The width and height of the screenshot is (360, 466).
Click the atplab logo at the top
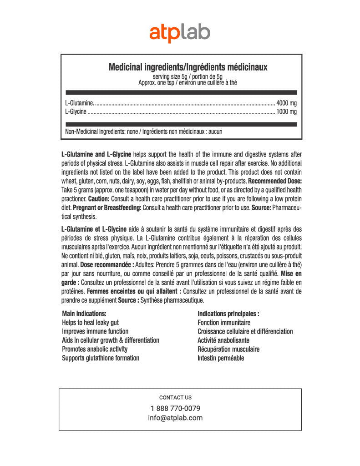point(180,33)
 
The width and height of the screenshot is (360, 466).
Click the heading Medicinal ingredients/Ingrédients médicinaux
point(188,67)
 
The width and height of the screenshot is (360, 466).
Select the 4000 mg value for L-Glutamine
point(286,103)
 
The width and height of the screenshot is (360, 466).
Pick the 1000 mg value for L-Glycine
point(286,111)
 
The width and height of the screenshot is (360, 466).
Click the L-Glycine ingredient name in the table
point(76,111)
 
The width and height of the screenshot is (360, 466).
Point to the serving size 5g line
point(188,77)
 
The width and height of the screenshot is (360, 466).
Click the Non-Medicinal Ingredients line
point(143,132)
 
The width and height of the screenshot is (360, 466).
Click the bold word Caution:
point(98,199)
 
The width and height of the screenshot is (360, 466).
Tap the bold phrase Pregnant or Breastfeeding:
point(107,208)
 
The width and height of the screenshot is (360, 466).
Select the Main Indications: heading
point(84,314)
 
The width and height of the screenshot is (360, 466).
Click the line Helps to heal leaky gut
point(90,323)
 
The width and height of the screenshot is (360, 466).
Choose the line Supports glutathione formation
point(101,358)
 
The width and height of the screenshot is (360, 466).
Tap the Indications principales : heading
point(228,314)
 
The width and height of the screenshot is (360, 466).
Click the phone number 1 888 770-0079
point(175,408)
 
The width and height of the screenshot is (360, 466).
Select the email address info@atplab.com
point(175,418)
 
